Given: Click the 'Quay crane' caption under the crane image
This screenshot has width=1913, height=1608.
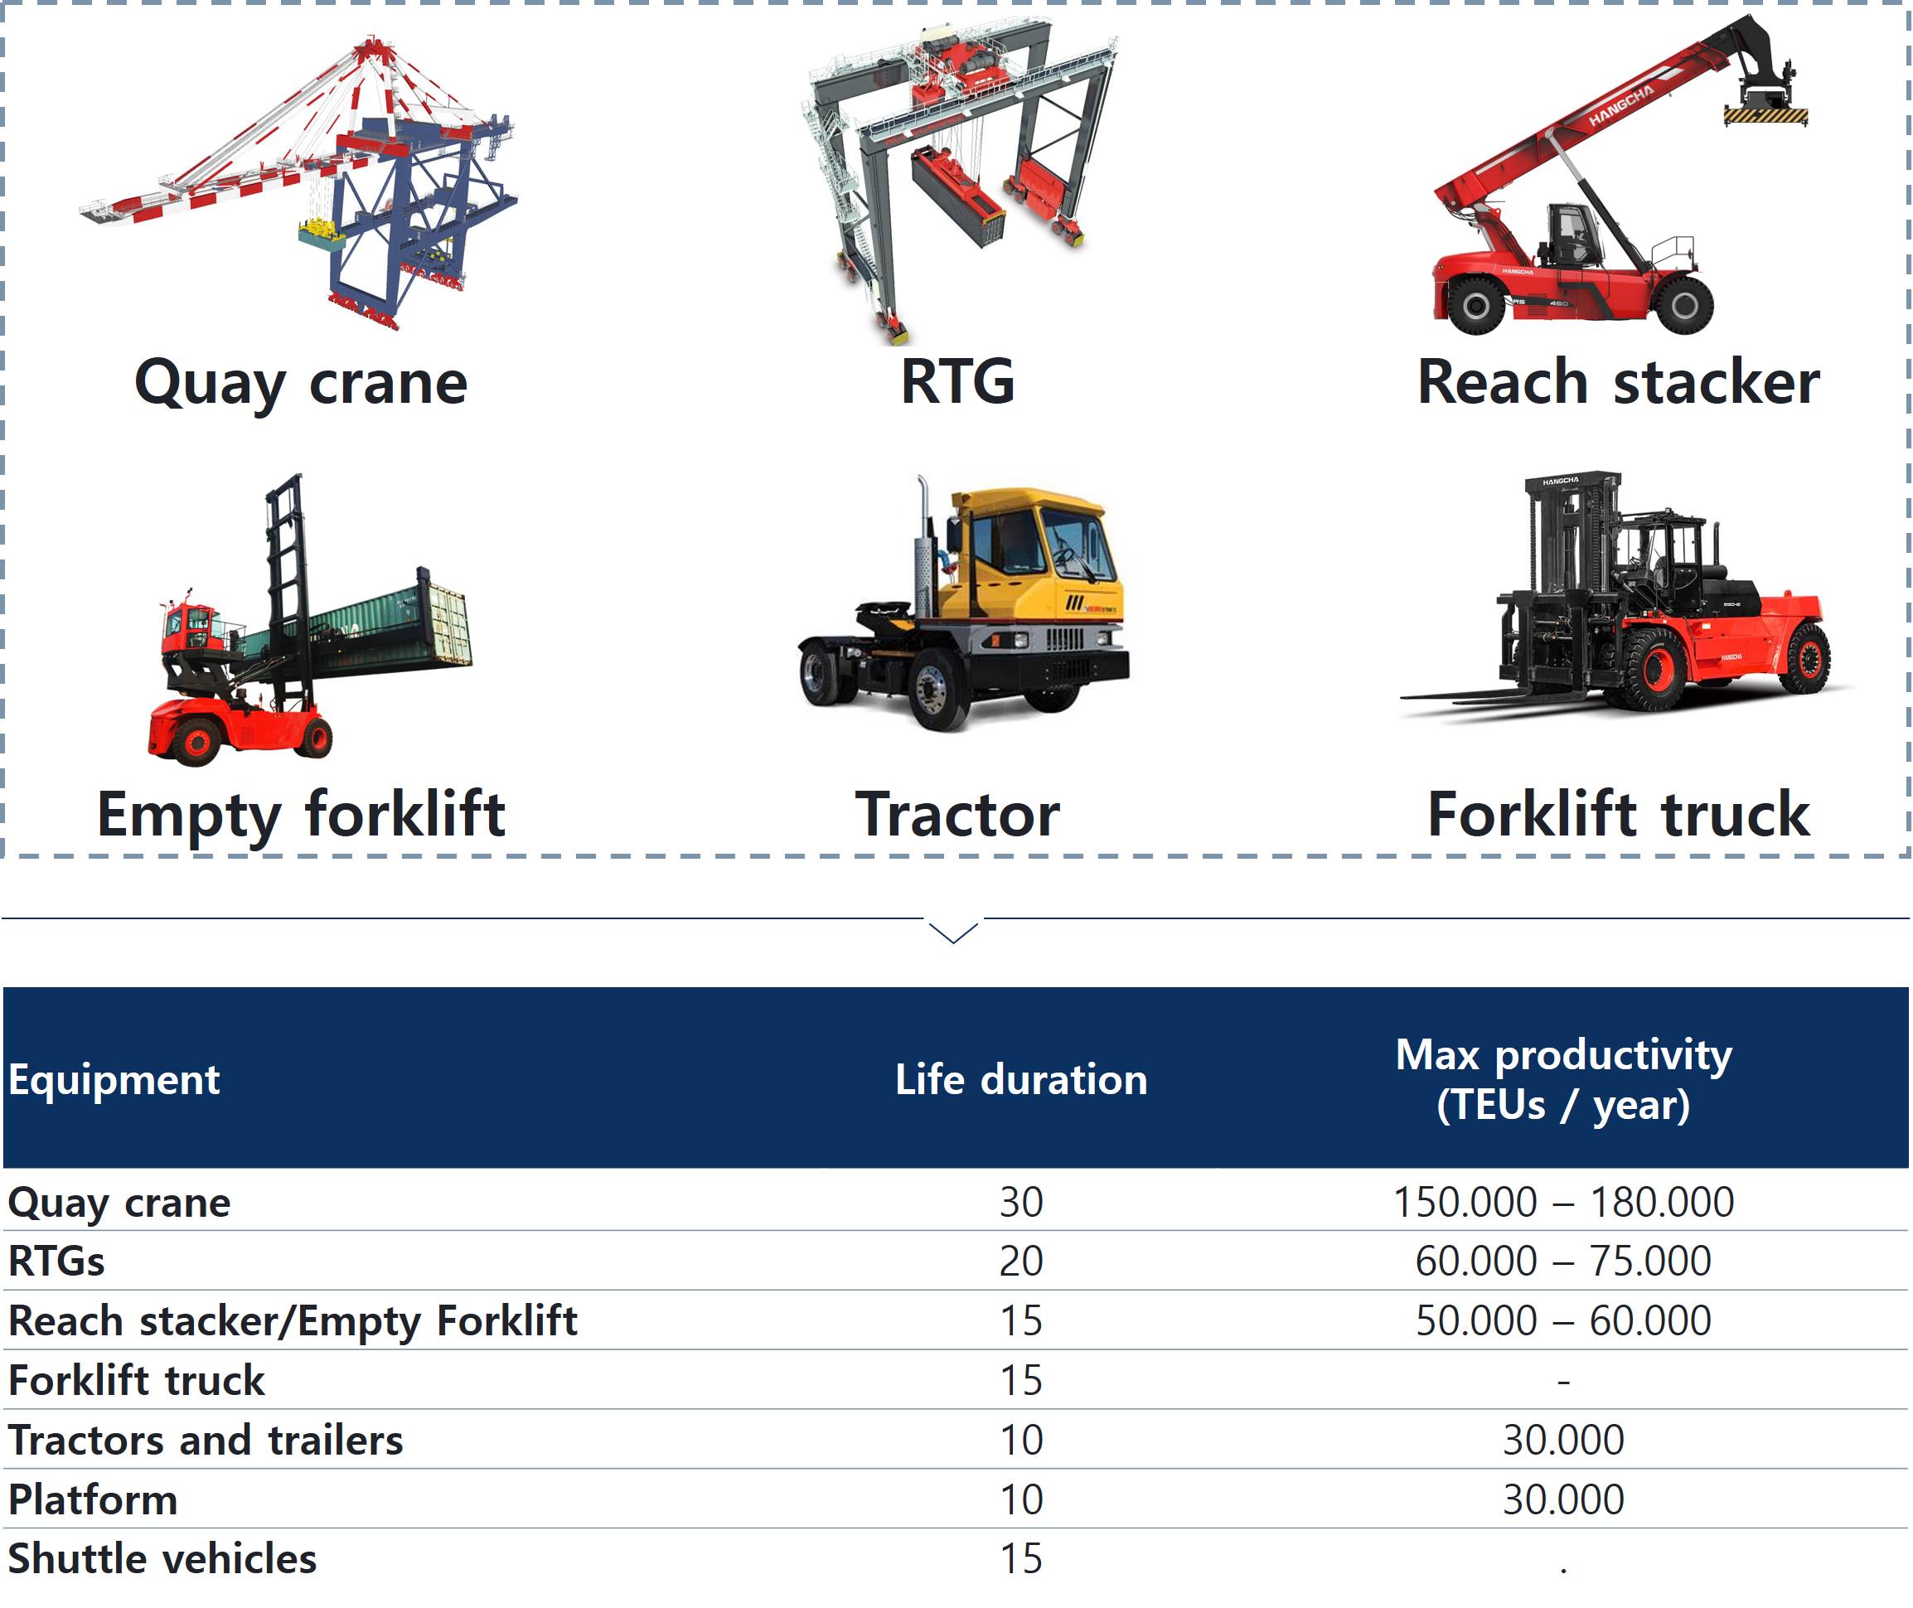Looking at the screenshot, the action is (x=301, y=383).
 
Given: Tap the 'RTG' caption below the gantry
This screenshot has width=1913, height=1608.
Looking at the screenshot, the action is (x=957, y=381).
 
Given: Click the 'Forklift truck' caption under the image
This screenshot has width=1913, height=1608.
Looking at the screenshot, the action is (x=1618, y=813).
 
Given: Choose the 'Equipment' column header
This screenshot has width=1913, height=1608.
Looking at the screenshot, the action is (x=114, y=1080).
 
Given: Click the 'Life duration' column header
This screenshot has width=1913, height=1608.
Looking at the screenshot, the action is (x=1021, y=1079).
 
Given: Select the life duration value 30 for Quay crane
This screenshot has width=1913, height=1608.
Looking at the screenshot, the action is (x=1021, y=1203).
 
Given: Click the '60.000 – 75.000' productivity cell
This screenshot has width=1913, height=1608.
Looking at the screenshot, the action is (x=1563, y=1262).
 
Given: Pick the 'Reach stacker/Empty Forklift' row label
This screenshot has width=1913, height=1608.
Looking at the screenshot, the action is (x=293, y=1322).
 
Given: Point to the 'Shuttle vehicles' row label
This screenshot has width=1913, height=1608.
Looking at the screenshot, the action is (x=162, y=1559).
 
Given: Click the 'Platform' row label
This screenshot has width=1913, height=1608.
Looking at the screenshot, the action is (x=93, y=1499).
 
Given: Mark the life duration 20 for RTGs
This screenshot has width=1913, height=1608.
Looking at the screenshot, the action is (x=1021, y=1262).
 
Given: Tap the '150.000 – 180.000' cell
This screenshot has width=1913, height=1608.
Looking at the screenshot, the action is (x=1563, y=1203).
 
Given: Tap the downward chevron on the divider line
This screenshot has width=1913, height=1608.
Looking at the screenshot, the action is (x=953, y=932).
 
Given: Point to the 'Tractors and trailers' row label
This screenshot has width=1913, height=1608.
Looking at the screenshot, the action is (x=205, y=1441).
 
